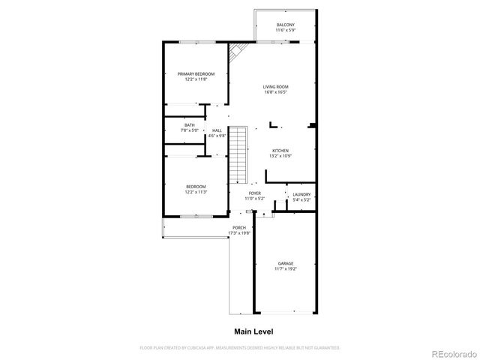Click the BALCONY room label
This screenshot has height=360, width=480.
coord(285,25)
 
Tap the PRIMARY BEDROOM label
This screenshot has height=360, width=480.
coord(196,73)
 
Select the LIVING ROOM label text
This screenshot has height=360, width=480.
coord(275,87)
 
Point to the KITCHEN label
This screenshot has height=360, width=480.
coord(280,150)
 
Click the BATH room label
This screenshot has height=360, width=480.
coord(190,125)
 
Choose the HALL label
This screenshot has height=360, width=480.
coord(217,130)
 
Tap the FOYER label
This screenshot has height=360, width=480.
coord(256,193)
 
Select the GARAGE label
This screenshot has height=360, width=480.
coord(286,263)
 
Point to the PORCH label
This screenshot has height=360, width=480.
coord(239,227)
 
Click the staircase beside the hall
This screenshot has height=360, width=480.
coord(238,156)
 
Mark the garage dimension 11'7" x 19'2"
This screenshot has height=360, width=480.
coord(286,268)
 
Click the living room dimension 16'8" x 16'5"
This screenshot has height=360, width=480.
coord(275,92)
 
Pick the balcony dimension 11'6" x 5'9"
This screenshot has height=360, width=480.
coord(285,31)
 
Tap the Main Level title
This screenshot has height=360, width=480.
coord(253,331)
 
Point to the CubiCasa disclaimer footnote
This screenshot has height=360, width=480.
coord(240,348)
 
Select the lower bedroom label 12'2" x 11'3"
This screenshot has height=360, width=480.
coord(196,192)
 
